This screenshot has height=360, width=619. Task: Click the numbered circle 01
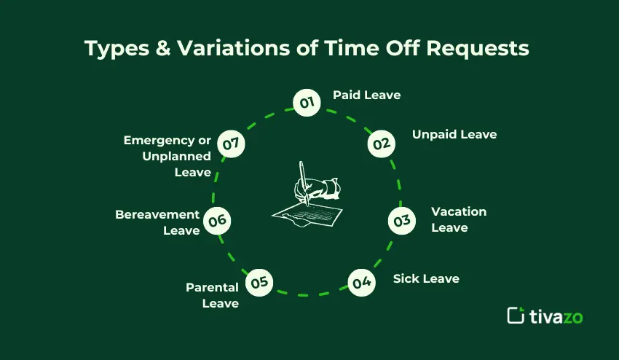[307, 103]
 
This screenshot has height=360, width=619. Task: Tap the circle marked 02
[382, 144]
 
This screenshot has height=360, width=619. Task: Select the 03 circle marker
[402, 221]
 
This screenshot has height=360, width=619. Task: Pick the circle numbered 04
[362, 283]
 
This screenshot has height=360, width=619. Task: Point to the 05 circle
[259, 283]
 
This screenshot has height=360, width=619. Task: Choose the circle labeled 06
[217, 221]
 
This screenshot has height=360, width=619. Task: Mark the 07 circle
[231, 144]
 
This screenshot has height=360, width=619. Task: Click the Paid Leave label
[367, 95]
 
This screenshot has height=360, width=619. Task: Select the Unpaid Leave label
[454, 135]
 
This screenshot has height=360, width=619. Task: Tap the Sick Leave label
[426, 278]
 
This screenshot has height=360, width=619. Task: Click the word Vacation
[459, 211]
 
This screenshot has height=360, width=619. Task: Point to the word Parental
[212, 287]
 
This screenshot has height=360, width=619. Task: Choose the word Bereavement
[157, 214]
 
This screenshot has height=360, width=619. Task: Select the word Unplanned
[176, 157]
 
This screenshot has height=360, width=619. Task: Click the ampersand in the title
[162, 48]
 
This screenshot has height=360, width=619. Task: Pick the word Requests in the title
[478, 49]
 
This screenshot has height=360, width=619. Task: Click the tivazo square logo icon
[516, 316]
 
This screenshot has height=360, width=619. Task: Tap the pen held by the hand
[303, 183]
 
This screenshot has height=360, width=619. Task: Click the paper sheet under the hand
[307, 216]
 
